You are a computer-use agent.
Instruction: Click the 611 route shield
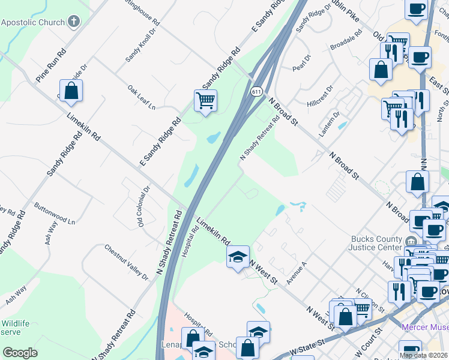(256, 91)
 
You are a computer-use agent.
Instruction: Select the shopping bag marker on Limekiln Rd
(71, 91)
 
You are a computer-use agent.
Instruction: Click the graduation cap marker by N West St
(238, 257)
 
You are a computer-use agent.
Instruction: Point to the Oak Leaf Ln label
(141, 98)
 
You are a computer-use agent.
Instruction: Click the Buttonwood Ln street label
(55, 212)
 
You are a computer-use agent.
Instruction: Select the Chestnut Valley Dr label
(126, 262)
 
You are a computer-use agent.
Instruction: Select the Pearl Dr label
(303, 64)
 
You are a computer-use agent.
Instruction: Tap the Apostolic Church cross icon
(74, 23)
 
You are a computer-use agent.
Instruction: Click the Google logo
(20, 353)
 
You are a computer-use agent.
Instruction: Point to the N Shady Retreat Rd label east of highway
(260, 137)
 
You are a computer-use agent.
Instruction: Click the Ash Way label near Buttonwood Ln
(50, 233)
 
